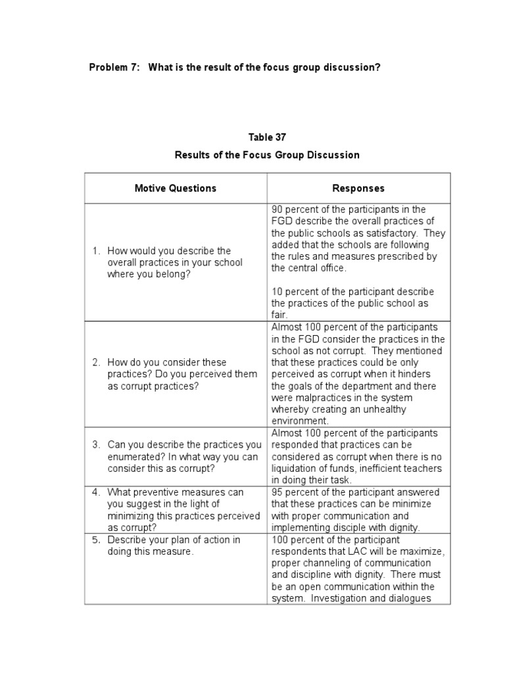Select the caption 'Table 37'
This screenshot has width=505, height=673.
[267, 137]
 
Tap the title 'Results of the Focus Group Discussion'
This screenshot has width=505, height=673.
[267, 155]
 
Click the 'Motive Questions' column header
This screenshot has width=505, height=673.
[175, 188]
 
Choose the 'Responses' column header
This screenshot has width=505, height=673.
[358, 188]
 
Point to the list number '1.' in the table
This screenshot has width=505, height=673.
[96, 250]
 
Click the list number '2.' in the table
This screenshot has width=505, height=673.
[96, 362]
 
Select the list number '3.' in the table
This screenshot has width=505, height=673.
[96, 445]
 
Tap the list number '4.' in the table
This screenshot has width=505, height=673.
[96, 492]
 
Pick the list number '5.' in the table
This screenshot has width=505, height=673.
[96, 540]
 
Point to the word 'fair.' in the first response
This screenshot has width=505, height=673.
[279, 315]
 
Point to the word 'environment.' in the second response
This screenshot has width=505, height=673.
[299, 421]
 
